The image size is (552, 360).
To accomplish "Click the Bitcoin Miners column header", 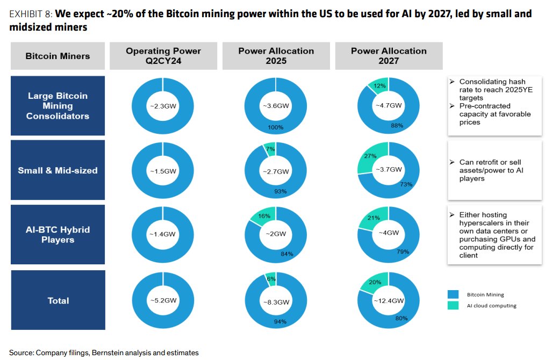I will (x=58, y=56).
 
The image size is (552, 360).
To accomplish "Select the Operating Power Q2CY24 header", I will (x=163, y=56).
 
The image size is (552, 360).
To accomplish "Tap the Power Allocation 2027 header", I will (x=389, y=56).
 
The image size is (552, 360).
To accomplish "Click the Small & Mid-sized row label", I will (x=58, y=170).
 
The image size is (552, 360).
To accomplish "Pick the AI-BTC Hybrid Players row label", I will (x=58, y=234).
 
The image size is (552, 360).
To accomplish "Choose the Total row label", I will (x=58, y=300).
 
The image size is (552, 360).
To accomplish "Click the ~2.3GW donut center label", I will (x=163, y=106).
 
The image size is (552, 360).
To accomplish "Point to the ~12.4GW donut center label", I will (x=389, y=301).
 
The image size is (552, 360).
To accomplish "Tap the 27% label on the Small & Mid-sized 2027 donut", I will (x=370, y=156).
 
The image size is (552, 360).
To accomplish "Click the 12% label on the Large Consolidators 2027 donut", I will (x=381, y=86).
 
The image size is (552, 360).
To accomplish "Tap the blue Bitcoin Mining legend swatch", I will (x=453, y=294).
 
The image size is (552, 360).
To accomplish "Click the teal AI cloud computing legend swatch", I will (x=453, y=305).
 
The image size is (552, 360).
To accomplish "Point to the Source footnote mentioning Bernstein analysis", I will (x=104, y=352).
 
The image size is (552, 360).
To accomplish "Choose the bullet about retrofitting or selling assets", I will (x=489, y=170).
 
